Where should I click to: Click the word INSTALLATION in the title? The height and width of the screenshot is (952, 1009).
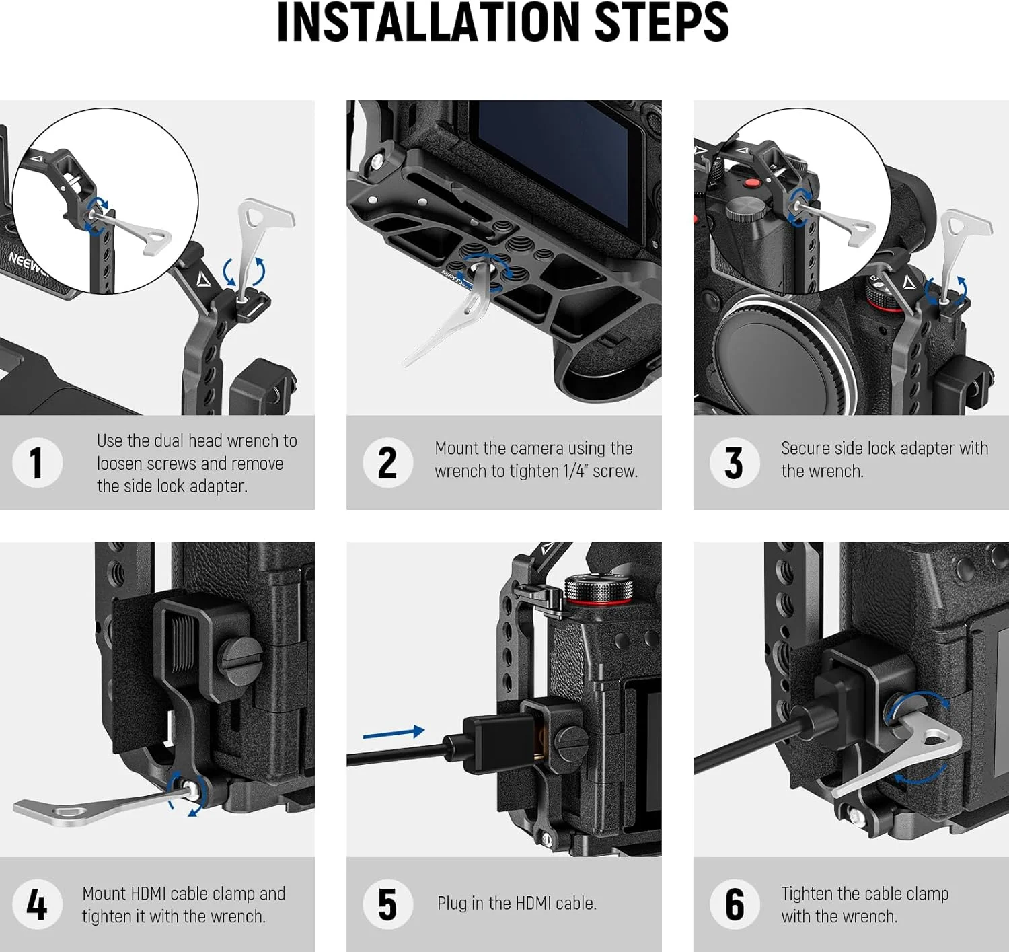(428, 23)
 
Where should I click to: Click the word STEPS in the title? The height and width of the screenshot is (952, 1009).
(661, 23)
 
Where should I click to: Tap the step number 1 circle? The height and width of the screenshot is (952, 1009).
(37, 462)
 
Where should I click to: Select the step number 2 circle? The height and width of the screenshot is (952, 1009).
(387, 462)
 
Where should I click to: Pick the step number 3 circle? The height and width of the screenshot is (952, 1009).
(735, 462)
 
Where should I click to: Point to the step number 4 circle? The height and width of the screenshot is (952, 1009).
(37, 904)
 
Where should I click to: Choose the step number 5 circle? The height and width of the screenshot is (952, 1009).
(387, 904)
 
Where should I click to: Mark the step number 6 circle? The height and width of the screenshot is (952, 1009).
(735, 904)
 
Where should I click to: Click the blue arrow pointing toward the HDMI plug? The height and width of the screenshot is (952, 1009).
(394, 733)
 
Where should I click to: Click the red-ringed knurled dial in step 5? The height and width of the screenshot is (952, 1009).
(599, 589)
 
